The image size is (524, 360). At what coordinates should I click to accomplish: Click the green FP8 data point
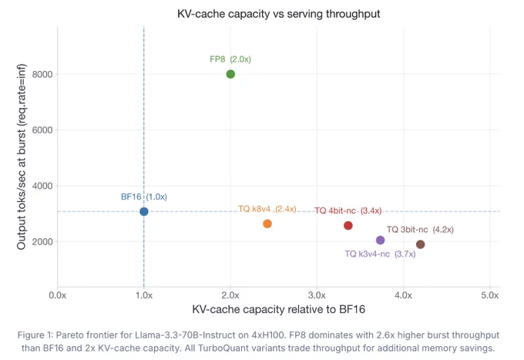(x=230, y=74)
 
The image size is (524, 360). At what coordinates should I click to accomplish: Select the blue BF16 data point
(x=144, y=211)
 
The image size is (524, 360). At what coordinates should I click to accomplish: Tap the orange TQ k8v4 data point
(x=267, y=224)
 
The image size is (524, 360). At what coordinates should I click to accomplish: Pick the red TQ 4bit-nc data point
(x=348, y=226)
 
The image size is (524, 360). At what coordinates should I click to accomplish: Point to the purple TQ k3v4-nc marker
(x=381, y=240)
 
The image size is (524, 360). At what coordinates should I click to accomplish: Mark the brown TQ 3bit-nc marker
(x=421, y=244)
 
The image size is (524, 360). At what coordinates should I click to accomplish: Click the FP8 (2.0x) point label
(x=230, y=59)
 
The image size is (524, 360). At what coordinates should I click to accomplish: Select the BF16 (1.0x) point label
(x=144, y=197)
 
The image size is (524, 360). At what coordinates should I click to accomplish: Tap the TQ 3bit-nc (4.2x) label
(x=420, y=230)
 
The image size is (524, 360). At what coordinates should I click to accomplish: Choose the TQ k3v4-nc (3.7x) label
(x=381, y=254)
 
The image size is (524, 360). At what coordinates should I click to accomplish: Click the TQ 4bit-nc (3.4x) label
(x=348, y=211)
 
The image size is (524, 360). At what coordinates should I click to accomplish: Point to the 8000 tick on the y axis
(x=42, y=75)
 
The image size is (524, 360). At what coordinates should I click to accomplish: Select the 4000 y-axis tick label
(x=42, y=186)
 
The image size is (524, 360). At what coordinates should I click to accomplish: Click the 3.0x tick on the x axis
(x=317, y=295)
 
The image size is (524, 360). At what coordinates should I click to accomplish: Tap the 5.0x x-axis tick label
(x=490, y=295)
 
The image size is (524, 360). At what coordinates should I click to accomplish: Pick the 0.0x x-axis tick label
(x=58, y=295)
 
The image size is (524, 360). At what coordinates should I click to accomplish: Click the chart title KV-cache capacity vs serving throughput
(x=279, y=14)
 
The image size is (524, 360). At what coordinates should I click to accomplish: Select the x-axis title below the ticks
(x=279, y=309)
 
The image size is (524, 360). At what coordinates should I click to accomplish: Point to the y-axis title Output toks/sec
(x=22, y=156)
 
